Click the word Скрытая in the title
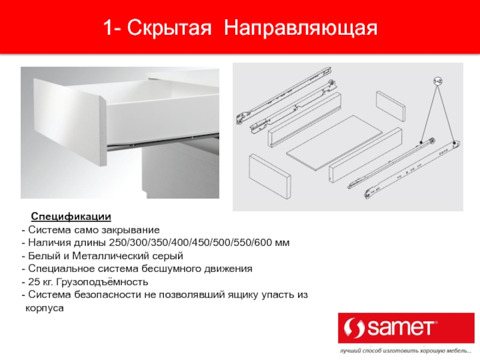[x=169, y=28]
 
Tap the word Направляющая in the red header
[x=301, y=28]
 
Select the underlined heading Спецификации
[x=71, y=217]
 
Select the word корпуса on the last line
[x=44, y=308]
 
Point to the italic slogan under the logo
[x=406, y=351]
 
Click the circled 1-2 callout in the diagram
[x=438, y=82]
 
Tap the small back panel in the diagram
[x=391, y=106]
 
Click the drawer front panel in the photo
[x=70, y=121]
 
